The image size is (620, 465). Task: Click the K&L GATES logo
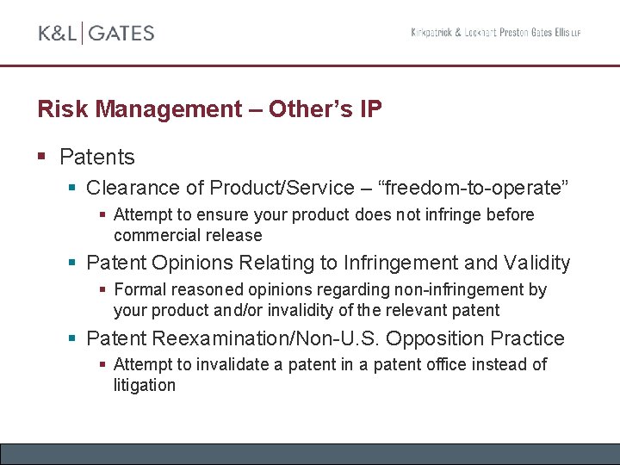[x=96, y=34]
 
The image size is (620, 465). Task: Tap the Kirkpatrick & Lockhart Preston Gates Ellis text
[x=495, y=33]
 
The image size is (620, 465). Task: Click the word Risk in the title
[x=64, y=109]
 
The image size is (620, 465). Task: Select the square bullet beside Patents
[x=42, y=156]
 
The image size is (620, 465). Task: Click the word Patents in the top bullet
[x=97, y=157]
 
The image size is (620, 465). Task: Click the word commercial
[x=152, y=235]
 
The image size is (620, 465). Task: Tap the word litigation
[x=145, y=385]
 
